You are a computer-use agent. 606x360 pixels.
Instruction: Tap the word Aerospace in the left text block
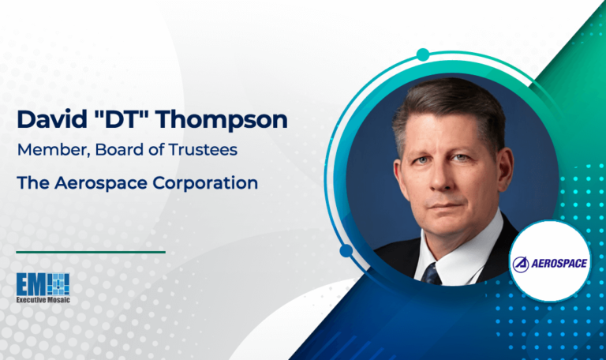96,182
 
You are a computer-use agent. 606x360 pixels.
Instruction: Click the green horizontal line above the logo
91,252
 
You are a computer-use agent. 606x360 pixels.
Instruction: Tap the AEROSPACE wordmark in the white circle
562,262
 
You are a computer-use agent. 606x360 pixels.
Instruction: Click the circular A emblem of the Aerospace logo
524,263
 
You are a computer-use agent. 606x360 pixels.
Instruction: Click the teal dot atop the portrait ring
423,54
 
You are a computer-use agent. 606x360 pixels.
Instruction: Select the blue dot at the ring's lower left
346,251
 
